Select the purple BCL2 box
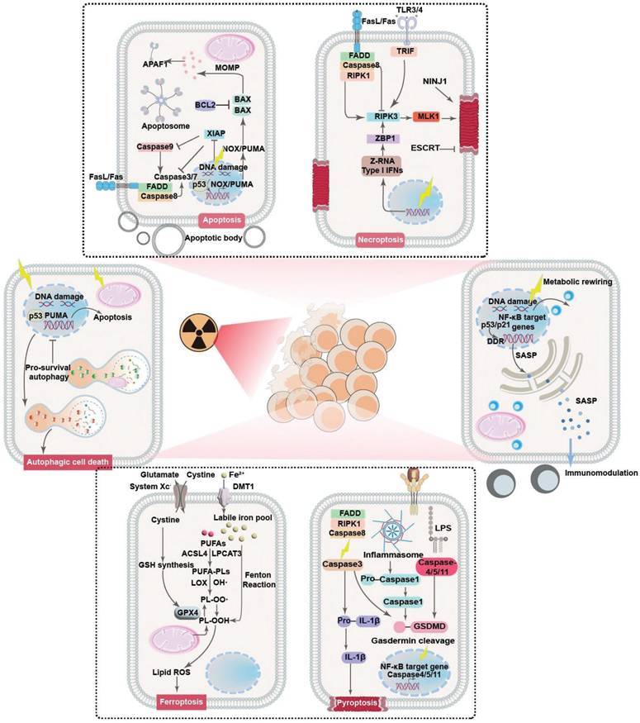coord(206,106)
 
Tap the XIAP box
coord(215,132)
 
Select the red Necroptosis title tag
coord(380,240)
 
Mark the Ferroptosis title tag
coord(180,702)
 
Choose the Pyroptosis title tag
coord(359,702)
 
